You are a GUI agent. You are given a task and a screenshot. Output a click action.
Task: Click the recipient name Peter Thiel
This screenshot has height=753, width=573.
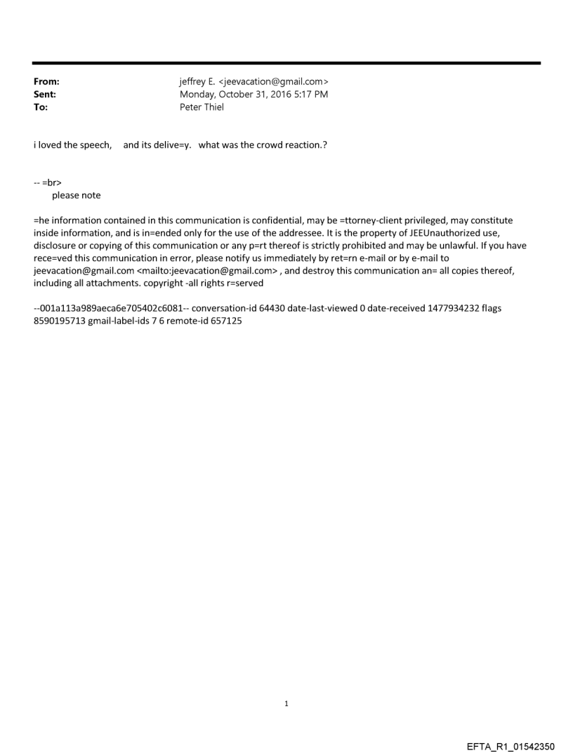coord(202,107)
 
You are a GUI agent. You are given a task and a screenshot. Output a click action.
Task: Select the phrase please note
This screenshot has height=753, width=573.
coord(77,195)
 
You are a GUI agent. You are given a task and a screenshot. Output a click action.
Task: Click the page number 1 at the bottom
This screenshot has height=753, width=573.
coord(286,703)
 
